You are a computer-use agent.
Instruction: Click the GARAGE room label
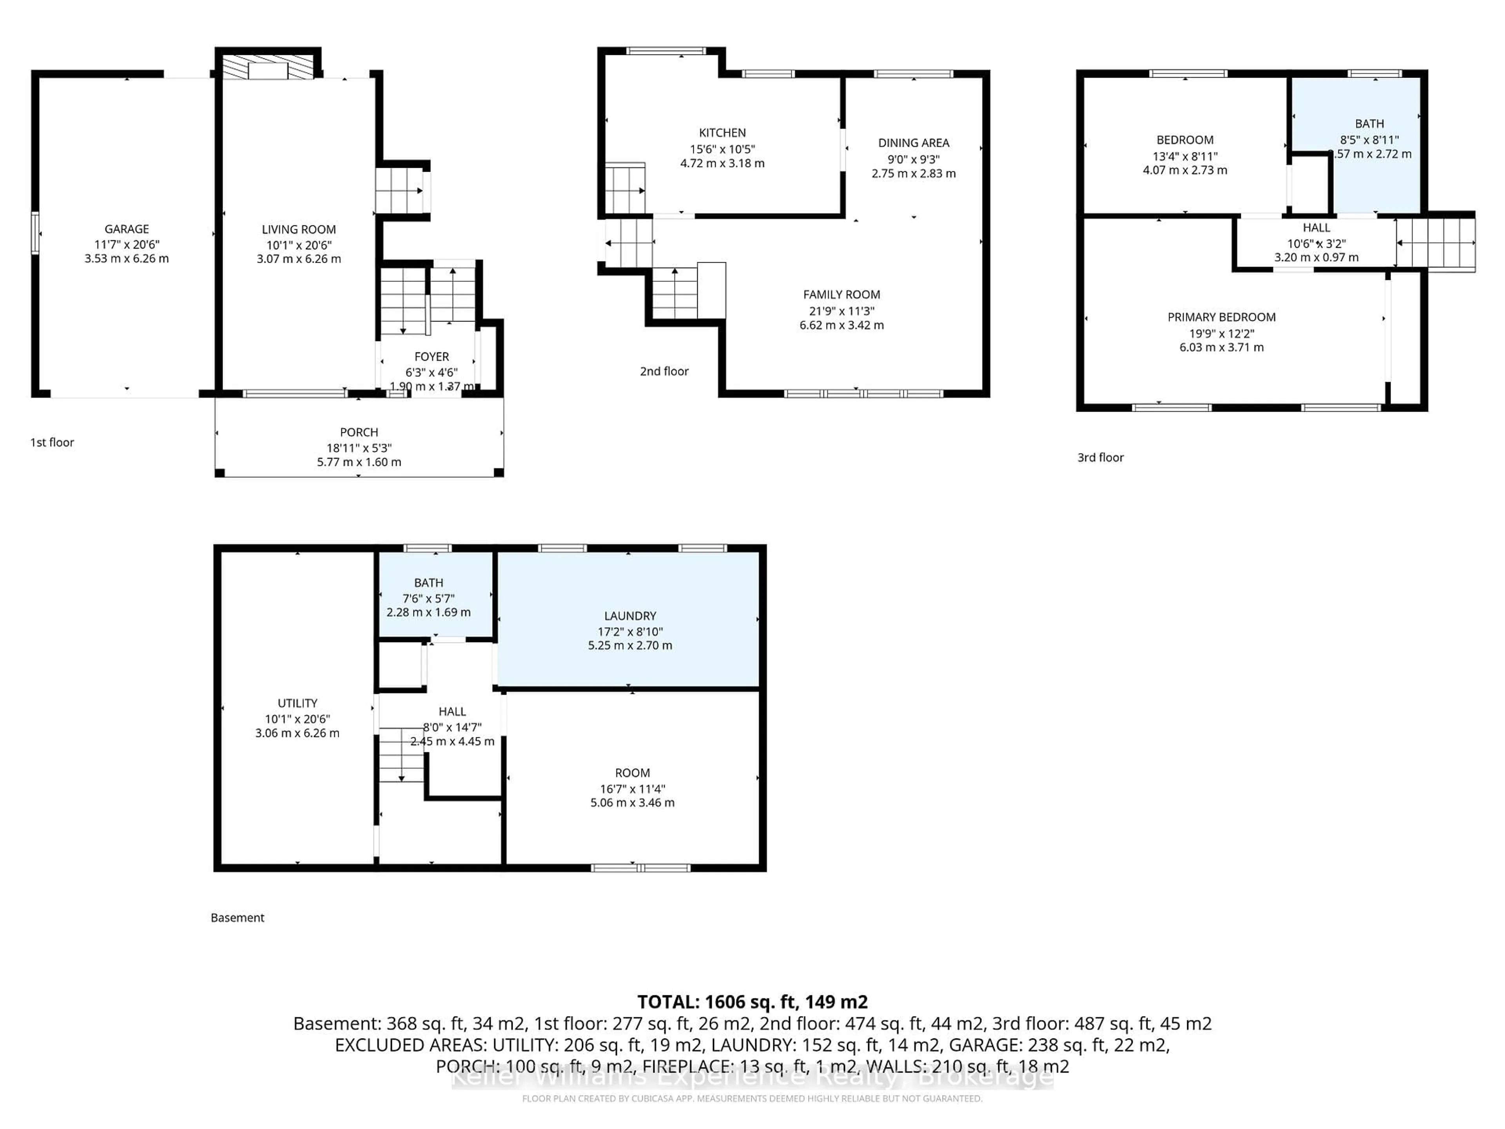coord(127,229)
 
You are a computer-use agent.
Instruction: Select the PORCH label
coord(359,432)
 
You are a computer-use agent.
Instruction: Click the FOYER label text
coord(432,357)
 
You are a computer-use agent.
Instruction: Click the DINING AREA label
coord(913,143)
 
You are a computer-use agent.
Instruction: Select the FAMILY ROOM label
coord(841,295)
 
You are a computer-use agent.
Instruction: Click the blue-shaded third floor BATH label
coord(1369,124)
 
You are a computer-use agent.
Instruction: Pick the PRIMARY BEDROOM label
coord(1221,317)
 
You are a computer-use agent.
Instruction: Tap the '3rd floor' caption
coord(1100,458)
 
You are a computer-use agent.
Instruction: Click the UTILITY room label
coord(297,703)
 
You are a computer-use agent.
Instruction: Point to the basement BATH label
coord(429,583)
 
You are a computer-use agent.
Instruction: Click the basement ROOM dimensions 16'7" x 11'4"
coord(632,789)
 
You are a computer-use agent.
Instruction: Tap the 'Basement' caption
coord(238,917)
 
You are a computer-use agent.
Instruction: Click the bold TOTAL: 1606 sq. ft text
coord(752,1002)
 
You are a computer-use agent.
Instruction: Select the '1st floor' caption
coord(52,442)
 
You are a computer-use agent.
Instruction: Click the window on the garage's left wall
coord(35,233)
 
